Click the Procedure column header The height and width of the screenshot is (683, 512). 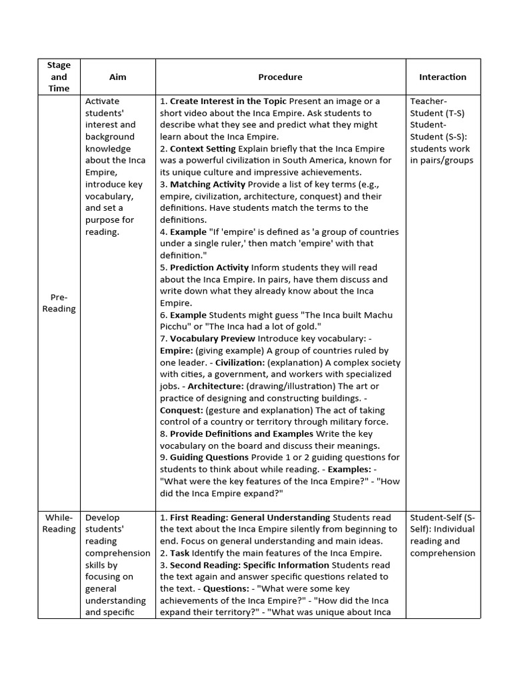click(280, 77)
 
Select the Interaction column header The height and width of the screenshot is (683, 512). click(442, 77)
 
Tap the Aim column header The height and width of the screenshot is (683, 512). click(117, 77)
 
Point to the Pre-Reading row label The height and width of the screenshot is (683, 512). click(59, 303)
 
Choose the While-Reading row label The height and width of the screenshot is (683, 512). click(59, 523)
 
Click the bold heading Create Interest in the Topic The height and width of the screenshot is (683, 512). click(228, 101)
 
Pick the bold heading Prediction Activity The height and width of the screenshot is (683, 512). click(209, 267)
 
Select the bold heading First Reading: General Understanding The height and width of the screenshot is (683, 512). click(250, 517)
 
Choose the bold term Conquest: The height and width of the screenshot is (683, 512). click(181, 410)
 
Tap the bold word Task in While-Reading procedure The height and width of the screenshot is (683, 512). click(180, 553)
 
